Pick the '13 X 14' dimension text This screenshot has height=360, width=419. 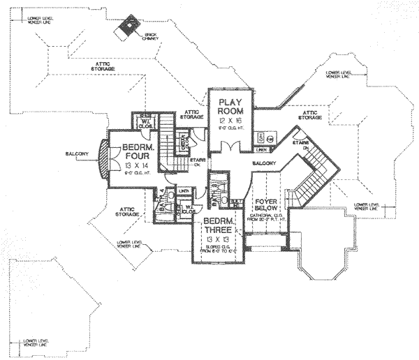pyautogui.click(x=137, y=167)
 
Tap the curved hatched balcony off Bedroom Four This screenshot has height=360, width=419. pyautogui.click(x=104, y=160)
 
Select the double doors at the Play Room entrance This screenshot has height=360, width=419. pyautogui.click(x=229, y=148)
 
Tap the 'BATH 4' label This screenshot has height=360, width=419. pyautogui.click(x=162, y=202)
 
